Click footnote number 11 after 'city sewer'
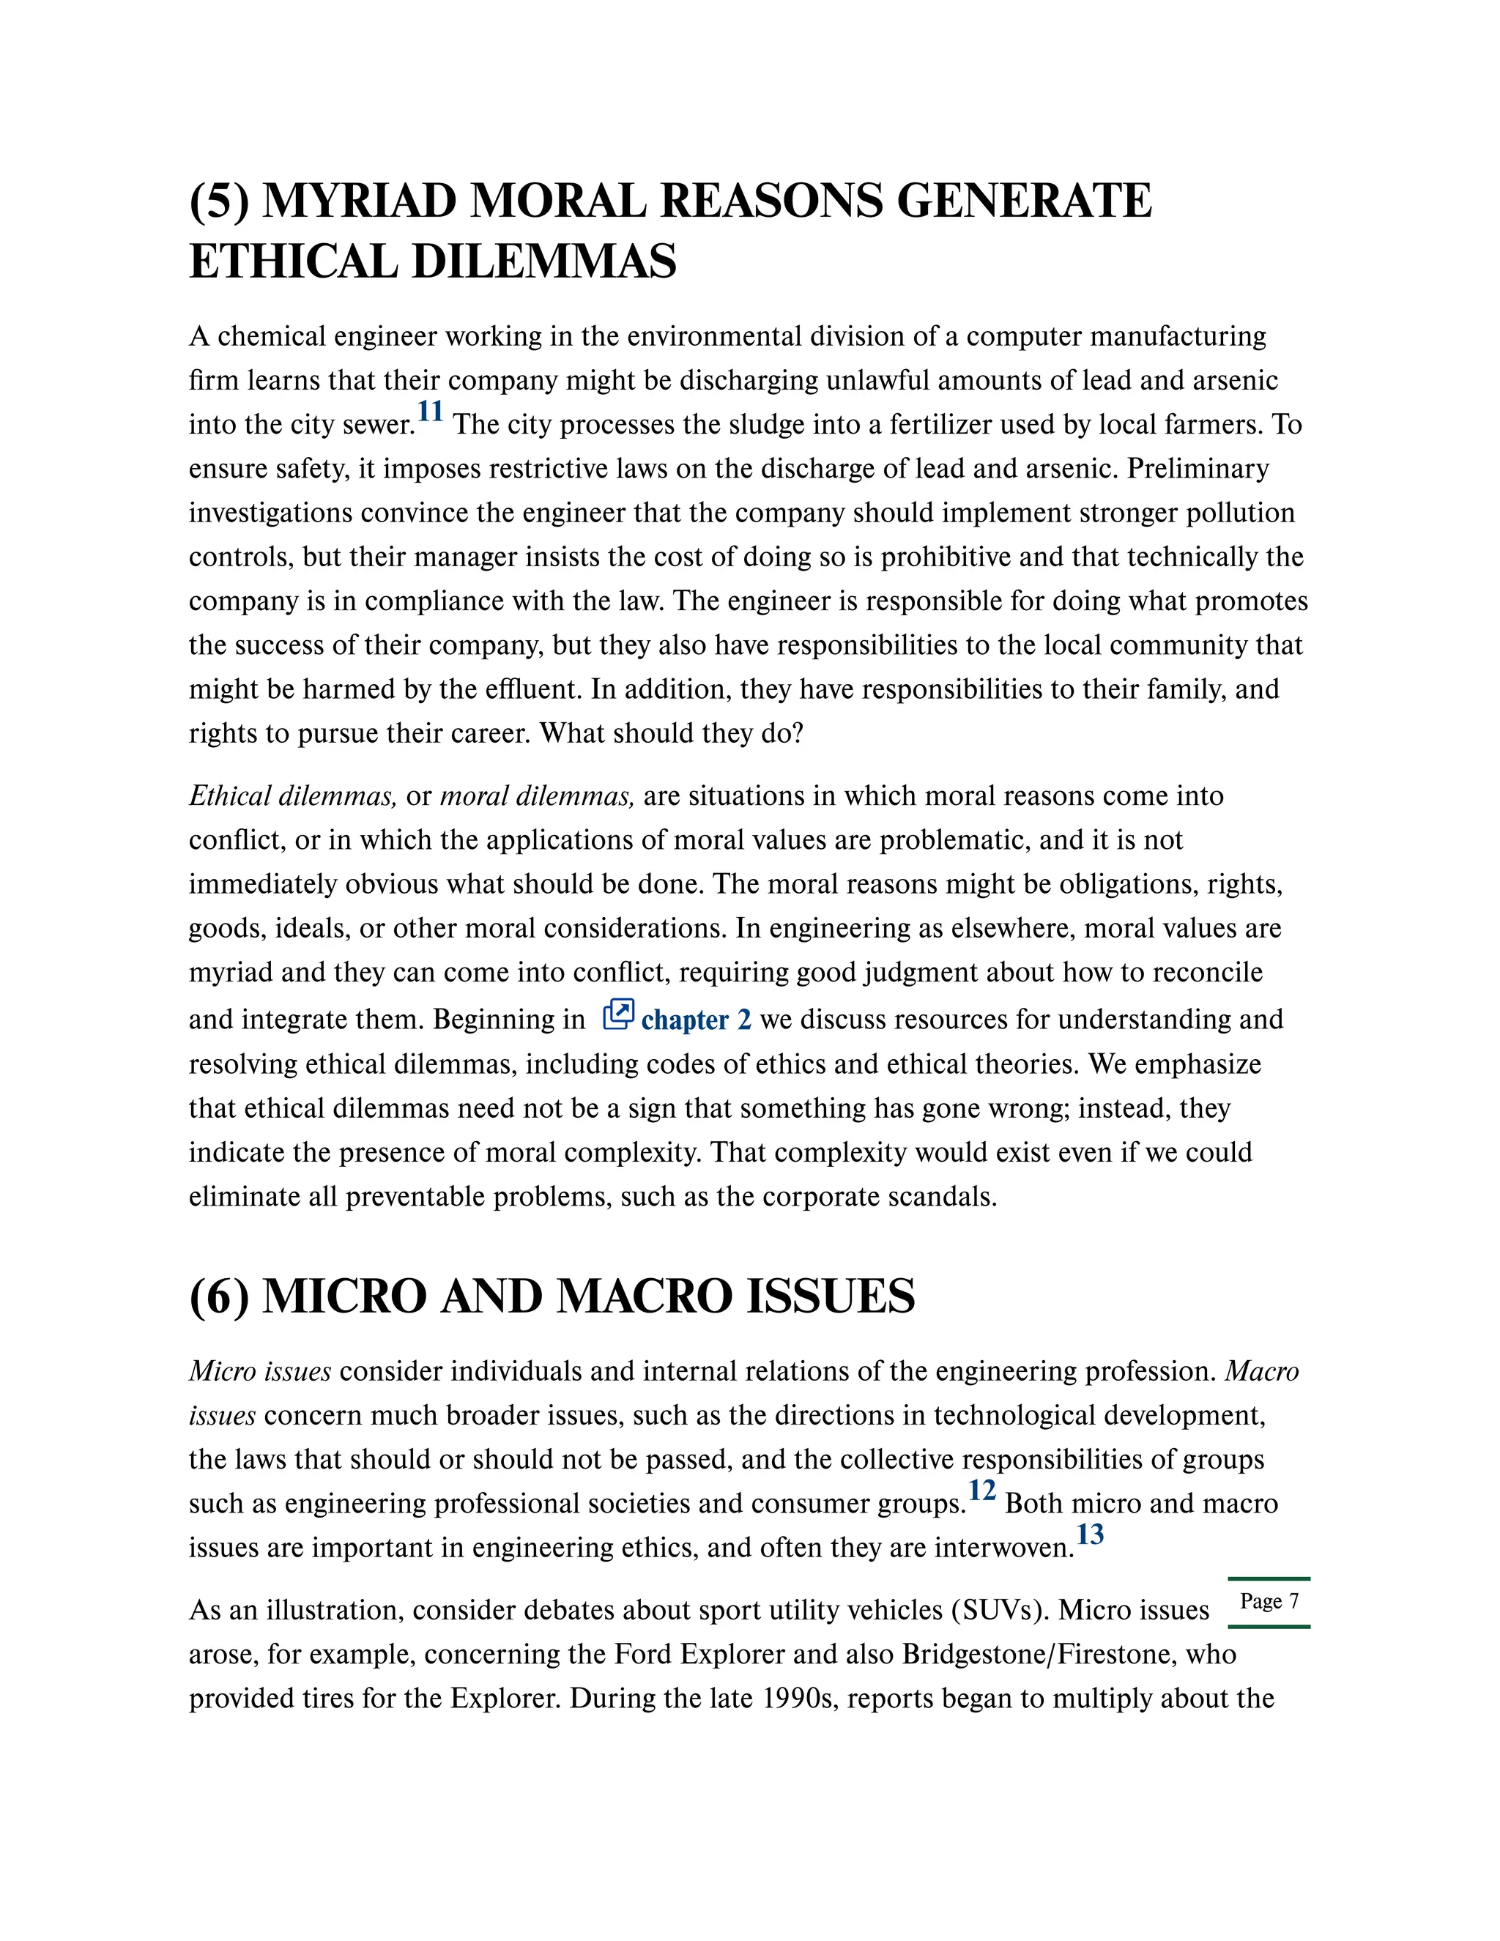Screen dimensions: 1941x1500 click(430, 412)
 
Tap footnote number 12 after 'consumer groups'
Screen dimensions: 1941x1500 click(982, 1491)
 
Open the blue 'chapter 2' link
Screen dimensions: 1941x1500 click(696, 1020)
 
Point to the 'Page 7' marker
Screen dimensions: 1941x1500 click(1269, 1600)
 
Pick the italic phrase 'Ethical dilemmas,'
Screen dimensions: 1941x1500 click(292, 795)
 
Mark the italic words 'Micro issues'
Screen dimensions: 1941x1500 click(259, 1371)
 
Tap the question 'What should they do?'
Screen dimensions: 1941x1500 click(671, 733)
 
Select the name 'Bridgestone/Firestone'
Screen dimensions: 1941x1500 click(1069, 1654)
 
